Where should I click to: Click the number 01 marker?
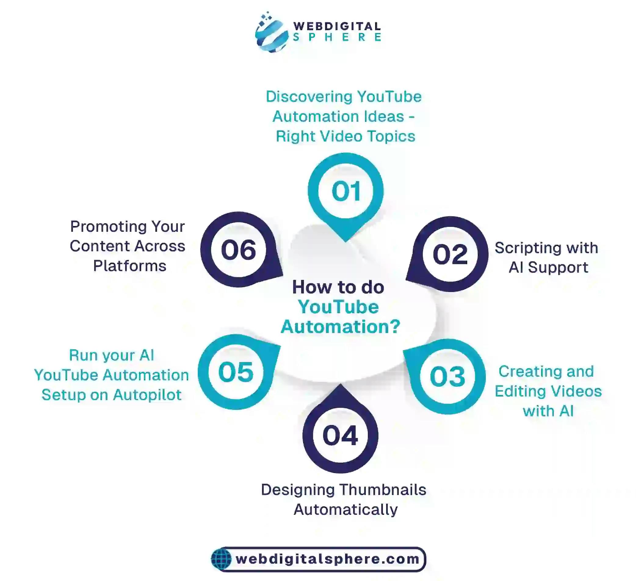click(x=346, y=191)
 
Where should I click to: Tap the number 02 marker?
click(x=450, y=254)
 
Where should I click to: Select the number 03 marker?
click(x=447, y=376)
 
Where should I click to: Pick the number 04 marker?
click(x=340, y=435)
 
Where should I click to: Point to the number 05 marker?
click(x=236, y=372)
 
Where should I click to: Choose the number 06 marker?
click(x=239, y=250)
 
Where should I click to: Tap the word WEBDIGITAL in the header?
click(x=337, y=26)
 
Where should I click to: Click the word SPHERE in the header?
click(x=337, y=38)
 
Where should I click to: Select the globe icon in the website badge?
click(x=222, y=559)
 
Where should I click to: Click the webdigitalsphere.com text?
click(x=327, y=559)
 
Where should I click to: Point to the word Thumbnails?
click(x=383, y=490)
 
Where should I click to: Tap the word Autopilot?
click(x=147, y=395)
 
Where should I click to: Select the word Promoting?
click(x=108, y=227)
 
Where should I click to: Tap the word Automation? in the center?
click(x=340, y=327)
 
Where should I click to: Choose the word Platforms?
click(x=130, y=266)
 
